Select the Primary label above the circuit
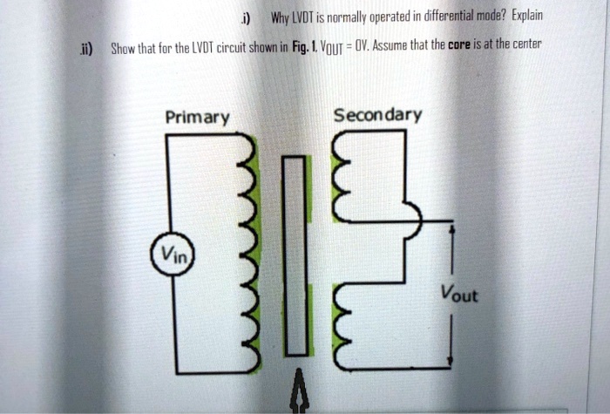point(198,118)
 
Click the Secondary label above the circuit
point(377,115)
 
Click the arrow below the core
point(299,392)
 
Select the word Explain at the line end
point(525,17)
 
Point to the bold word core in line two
point(460,44)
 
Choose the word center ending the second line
point(523,44)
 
